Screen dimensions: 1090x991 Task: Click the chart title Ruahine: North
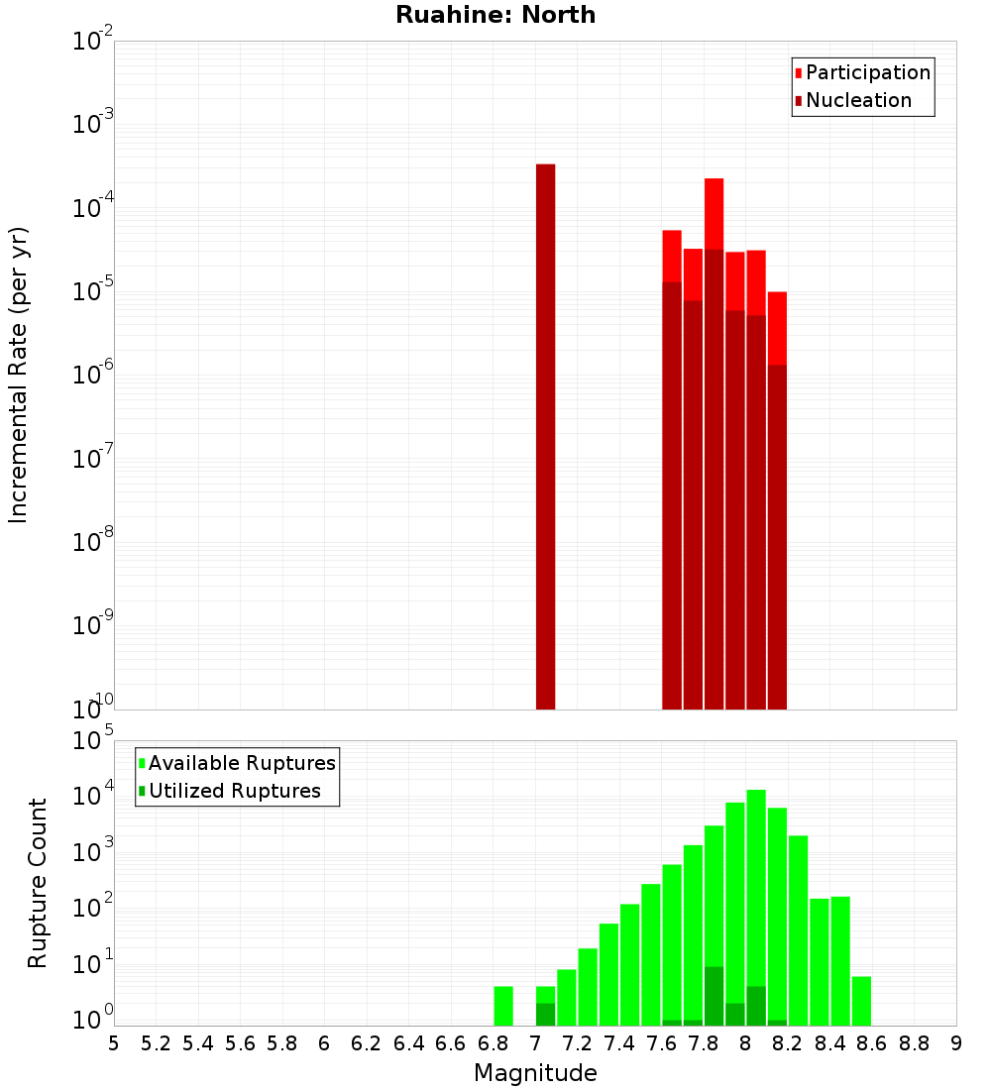[x=495, y=15]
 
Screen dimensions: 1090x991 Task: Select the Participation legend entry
[x=868, y=72]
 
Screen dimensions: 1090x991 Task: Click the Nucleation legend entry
[x=858, y=100]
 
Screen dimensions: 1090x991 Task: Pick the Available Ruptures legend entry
[x=242, y=763]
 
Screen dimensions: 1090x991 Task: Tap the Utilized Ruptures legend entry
[x=234, y=791]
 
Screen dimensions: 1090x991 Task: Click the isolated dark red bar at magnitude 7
[x=545, y=436]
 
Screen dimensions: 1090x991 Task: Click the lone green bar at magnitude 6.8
[x=503, y=1006]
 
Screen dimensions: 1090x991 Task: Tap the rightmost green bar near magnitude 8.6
[x=861, y=1001]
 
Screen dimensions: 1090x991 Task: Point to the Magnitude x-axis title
[x=535, y=1073]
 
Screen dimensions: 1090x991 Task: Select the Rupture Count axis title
[x=38, y=883]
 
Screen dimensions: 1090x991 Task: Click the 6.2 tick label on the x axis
[x=366, y=1042]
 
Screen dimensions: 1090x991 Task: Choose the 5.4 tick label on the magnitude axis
[x=197, y=1042]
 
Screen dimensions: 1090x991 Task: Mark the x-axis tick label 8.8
[x=914, y=1042]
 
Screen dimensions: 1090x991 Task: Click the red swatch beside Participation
[x=799, y=73]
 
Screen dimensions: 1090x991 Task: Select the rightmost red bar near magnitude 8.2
[x=777, y=327]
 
